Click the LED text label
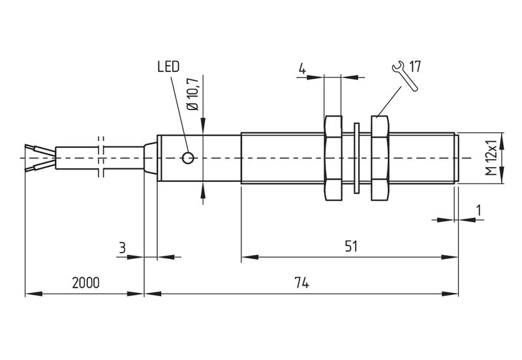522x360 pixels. pyautogui.click(x=168, y=67)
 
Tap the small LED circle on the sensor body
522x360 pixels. pyautogui.click(x=188, y=158)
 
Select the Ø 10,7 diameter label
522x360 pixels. pyautogui.click(x=192, y=95)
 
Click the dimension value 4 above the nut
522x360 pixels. pyautogui.click(x=302, y=69)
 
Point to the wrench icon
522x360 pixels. pyautogui.click(x=405, y=76)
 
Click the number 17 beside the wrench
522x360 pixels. pyautogui.click(x=415, y=67)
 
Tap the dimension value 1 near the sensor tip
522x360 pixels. pyautogui.click(x=479, y=210)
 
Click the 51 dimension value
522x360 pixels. pyautogui.click(x=351, y=247)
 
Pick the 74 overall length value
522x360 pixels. pyautogui.click(x=301, y=283)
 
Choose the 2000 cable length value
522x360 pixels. pyautogui.click(x=86, y=283)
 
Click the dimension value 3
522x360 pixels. pyautogui.click(x=123, y=248)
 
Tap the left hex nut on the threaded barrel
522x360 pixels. pyautogui.click(x=333, y=158)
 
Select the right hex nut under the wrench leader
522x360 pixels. pyautogui.click(x=380, y=158)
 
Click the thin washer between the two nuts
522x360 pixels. pyautogui.click(x=356, y=158)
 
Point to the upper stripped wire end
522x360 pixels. pyautogui.click(x=40, y=149)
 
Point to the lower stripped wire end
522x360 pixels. pyautogui.click(x=40, y=166)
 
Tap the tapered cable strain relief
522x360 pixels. pyautogui.click(x=151, y=158)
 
